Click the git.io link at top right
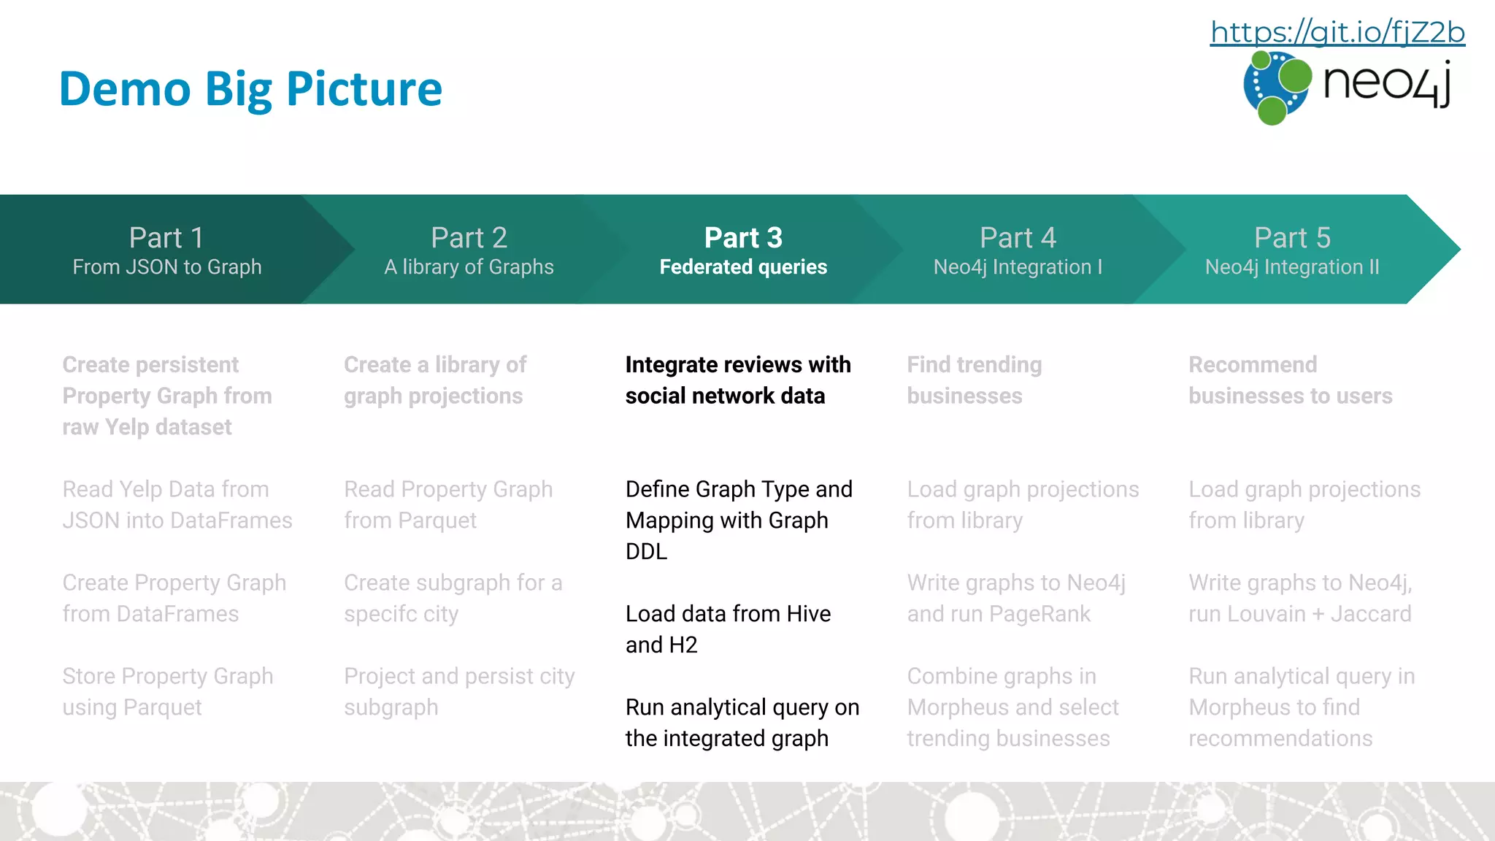pyautogui.click(x=1337, y=32)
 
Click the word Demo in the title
pyautogui.click(x=125, y=89)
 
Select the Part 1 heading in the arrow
pyautogui.click(x=166, y=238)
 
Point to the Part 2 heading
pyautogui.click(x=469, y=238)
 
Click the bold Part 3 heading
pyautogui.click(x=743, y=238)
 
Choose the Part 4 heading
pyautogui.click(x=1018, y=238)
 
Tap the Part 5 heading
pyautogui.click(x=1292, y=238)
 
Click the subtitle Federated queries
pyautogui.click(x=743, y=267)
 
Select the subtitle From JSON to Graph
pyautogui.click(x=166, y=267)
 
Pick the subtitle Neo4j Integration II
pyautogui.click(x=1292, y=267)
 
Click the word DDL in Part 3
pyautogui.click(x=646, y=551)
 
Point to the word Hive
pyautogui.click(x=808, y=614)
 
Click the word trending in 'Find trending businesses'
pyautogui.click(x=999, y=365)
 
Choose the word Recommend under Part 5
pyautogui.click(x=1253, y=365)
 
